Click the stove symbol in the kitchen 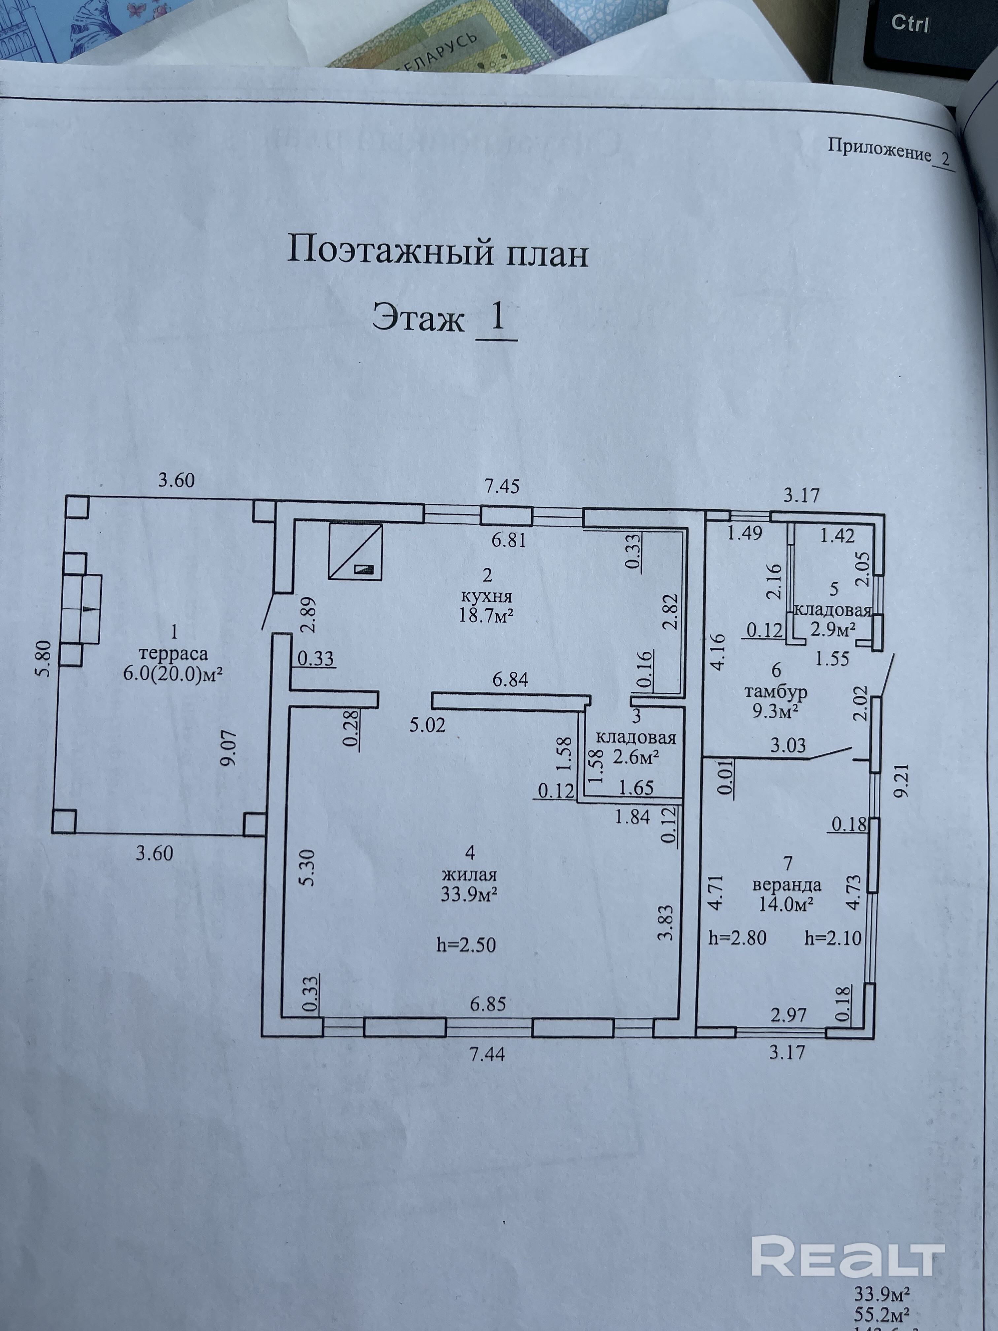355,551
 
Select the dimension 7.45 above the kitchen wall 502,486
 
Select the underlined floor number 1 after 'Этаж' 497,317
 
